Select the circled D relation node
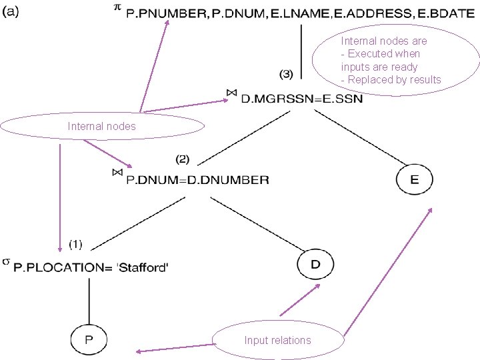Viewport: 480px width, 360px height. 315,265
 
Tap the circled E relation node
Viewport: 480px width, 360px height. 414,179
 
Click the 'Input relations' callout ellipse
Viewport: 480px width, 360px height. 277,340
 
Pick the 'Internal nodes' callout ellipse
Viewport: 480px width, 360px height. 102,126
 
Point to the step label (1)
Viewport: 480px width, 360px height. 76,245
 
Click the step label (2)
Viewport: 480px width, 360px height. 183,159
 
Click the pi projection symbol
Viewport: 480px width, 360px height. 117,7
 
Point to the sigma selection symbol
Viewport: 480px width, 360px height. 6,261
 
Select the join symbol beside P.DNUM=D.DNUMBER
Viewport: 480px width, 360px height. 117,172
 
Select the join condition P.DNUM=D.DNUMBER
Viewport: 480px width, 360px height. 197,179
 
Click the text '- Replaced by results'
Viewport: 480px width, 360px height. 391,80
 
